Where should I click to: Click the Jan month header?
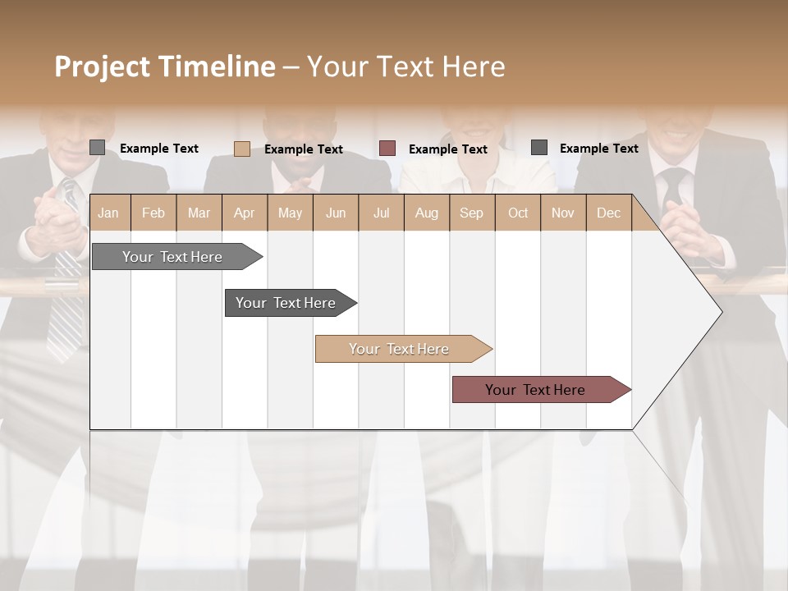[108, 213]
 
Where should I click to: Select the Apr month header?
[244, 213]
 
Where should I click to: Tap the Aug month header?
[426, 213]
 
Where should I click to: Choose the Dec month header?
[608, 213]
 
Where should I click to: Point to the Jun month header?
[336, 213]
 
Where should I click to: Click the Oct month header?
[518, 213]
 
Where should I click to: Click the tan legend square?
[241, 149]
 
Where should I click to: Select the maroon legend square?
[387, 149]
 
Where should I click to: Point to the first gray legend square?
[98, 148]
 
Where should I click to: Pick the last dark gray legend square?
[539, 148]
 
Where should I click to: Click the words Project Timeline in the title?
[164, 66]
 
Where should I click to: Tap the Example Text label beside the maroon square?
[447, 149]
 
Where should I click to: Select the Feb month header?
[153, 213]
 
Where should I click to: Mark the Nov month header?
[563, 213]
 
